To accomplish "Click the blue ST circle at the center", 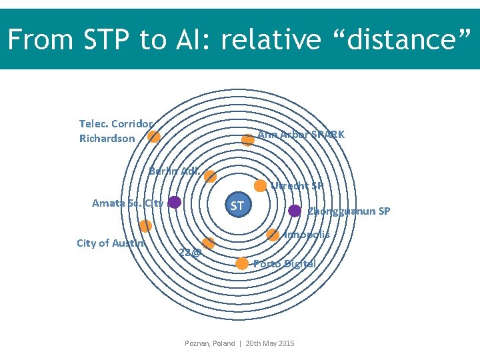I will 237,205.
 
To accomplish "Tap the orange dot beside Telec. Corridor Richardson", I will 154,137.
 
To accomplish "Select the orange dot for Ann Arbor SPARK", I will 247,140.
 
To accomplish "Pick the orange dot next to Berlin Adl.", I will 210,176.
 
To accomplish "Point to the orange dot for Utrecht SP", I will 261,186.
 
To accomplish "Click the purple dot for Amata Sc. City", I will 175,202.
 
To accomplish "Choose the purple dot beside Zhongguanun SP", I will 295,211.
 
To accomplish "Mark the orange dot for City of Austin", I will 145,226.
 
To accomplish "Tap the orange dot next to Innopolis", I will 273,235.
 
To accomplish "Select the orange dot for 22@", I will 208,243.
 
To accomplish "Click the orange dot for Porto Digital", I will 242,263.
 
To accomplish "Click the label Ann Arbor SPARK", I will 301,135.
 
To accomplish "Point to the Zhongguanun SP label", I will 349,212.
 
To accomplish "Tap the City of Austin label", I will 110,243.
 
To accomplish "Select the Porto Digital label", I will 285,263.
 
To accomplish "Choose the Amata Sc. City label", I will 127,203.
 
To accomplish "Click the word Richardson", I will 107,139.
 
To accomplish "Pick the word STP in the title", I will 109,41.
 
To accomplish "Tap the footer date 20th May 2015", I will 269,343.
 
